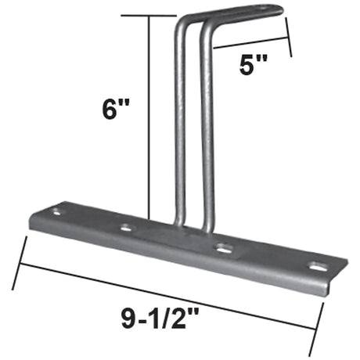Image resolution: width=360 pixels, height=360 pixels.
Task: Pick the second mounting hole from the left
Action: click(x=127, y=229)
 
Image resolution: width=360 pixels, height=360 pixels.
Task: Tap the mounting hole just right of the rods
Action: click(x=223, y=249)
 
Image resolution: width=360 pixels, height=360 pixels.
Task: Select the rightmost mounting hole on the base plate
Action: click(x=317, y=267)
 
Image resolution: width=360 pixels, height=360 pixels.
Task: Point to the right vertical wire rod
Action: click(x=207, y=133)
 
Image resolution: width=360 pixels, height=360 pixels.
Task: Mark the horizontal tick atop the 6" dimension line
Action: click(x=160, y=16)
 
